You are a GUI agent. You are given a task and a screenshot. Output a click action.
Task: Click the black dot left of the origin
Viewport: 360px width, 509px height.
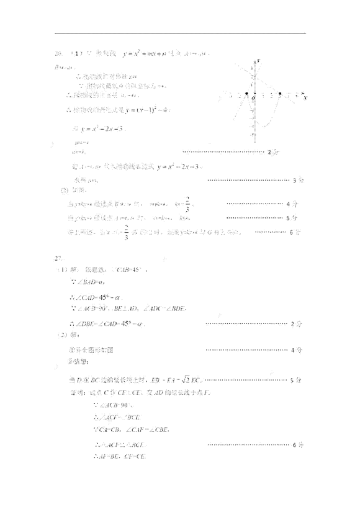(246, 96)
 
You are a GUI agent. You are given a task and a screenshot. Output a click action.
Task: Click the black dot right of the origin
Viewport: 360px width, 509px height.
(281, 96)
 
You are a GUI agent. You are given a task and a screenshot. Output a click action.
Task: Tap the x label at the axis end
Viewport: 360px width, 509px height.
(305, 98)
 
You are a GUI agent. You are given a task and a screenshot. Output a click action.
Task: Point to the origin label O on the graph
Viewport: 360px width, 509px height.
(253, 99)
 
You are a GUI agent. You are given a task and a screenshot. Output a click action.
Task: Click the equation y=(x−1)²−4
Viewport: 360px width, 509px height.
(149, 110)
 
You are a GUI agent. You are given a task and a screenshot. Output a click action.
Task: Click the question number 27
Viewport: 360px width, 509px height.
(60, 256)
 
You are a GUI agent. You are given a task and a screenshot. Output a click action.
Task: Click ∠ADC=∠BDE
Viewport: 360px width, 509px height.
(164, 308)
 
